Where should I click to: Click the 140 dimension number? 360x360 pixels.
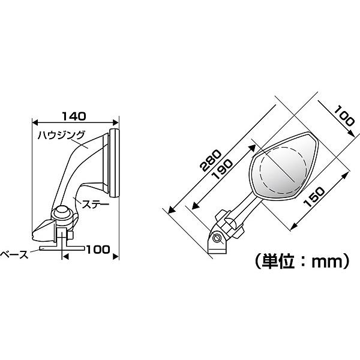[74, 116]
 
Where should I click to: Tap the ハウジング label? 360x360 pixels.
[61, 135]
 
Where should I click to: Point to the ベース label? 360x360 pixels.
[14, 255]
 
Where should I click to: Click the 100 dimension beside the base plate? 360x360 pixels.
[98, 250]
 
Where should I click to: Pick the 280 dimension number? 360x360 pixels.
[211, 160]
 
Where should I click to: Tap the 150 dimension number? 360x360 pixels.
[314, 197]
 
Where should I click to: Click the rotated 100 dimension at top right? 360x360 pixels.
[344, 116]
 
